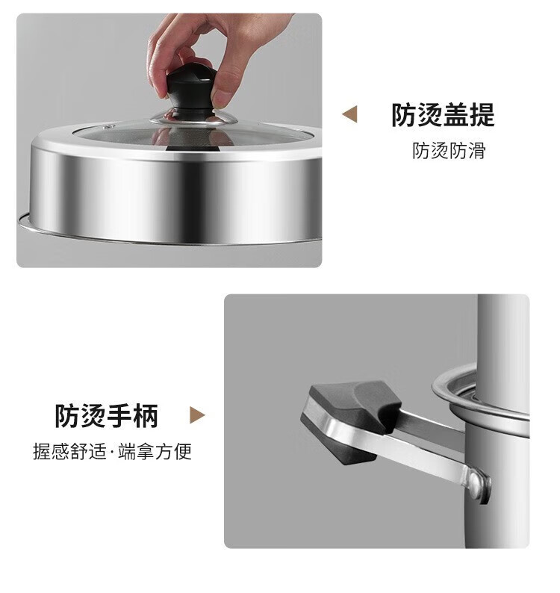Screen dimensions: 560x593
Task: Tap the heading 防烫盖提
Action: coord(443,114)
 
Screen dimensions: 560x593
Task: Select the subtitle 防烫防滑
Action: coord(449,151)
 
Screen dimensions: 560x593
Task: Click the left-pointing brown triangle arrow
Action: coord(349,114)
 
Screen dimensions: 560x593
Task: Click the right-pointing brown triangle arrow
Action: coord(197,415)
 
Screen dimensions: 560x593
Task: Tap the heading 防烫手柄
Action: coord(107,416)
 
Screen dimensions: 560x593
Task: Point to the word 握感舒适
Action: coord(70,451)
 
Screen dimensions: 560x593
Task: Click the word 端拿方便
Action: coord(155,451)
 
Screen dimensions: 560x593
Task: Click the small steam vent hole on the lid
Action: coord(110,126)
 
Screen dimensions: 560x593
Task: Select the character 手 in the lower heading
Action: coord(119,416)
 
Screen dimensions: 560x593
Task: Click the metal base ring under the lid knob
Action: coord(193,117)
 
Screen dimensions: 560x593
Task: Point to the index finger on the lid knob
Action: coord(164,57)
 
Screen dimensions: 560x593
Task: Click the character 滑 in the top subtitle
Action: coord(477,151)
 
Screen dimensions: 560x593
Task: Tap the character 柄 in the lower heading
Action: coord(146,416)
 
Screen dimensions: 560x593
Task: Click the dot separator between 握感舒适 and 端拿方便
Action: coord(113,452)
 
